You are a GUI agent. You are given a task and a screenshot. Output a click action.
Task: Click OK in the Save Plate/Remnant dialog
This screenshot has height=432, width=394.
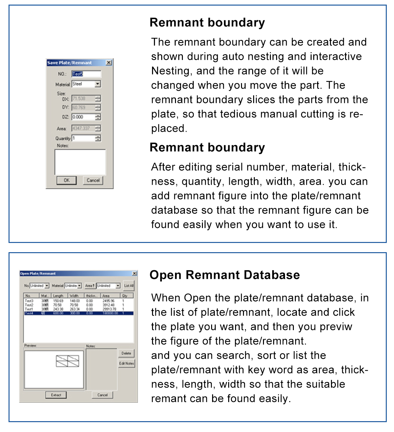pyautogui.click(x=66, y=180)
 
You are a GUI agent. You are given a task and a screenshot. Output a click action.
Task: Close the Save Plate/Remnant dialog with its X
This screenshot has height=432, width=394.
pyautogui.click(x=109, y=62)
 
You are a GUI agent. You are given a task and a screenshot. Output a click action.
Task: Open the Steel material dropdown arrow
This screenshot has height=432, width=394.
pyautogui.click(x=98, y=84)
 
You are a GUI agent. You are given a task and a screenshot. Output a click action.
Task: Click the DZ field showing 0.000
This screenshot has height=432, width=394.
pyautogui.click(x=83, y=117)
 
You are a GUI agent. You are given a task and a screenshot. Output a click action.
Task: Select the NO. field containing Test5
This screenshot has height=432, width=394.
pyautogui.click(x=86, y=74)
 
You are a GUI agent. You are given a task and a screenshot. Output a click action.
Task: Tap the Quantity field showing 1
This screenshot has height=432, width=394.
pyautogui.click(x=83, y=138)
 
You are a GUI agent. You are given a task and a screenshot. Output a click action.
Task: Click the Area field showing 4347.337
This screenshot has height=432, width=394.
pyautogui.click(x=83, y=128)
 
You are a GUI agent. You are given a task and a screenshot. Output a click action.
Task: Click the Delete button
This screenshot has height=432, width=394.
pyautogui.click(x=126, y=353)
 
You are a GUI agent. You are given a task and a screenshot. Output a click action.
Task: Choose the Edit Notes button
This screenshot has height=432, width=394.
pyautogui.click(x=126, y=363)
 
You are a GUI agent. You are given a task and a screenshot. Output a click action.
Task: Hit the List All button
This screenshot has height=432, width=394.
pyautogui.click(x=129, y=286)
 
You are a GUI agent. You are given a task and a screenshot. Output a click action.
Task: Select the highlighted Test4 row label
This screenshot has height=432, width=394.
pyautogui.click(x=29, y=313)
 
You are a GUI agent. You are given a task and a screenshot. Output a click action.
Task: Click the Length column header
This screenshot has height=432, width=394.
pyautogui.click(x=58, y=296)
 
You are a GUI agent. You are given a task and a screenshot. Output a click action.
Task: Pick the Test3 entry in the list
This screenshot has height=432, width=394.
pyautogui.click(x=29, y=301)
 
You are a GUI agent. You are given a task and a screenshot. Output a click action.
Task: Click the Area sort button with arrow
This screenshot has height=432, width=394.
pyautogui.click(x=90, y=286)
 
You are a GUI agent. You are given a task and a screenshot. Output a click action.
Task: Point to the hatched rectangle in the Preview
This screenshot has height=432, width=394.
pyautogui.click(x=67, y=361)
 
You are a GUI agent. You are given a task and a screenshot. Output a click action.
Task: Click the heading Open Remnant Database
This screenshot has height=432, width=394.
pyautogui.click(x=225, y=275)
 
